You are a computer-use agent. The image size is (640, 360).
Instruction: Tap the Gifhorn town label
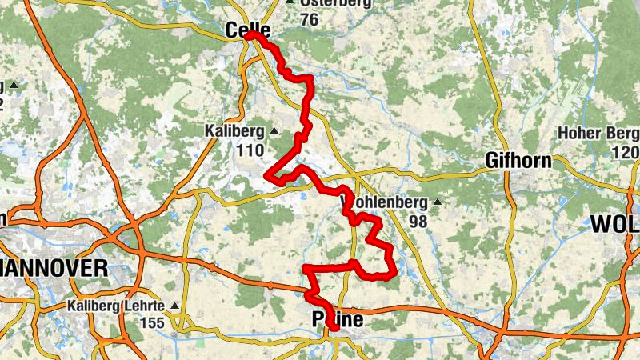click(518, 161)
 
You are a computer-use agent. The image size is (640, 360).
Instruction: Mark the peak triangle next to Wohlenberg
click(436, 202)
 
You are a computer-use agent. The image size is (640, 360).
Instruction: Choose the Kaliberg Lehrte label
click(115, 306)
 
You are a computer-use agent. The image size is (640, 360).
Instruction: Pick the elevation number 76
click(309, 19)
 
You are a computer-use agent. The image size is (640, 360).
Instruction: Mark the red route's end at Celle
click(249, 35)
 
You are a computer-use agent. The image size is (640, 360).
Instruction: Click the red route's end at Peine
click(334, 327)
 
